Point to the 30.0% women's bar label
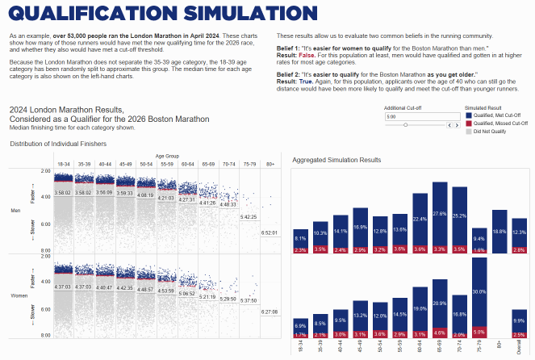coord(479,291)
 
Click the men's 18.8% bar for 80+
coord(499,231)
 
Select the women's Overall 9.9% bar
coord(519,321)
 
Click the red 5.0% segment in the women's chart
coord(479,331)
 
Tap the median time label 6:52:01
coord(270,232)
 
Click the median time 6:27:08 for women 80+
coord(270,311)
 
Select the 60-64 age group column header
coord(186,163)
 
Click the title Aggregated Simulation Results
coord(336,161)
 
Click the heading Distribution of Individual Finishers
coord(58,144)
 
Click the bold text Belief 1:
coord(288,49)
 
